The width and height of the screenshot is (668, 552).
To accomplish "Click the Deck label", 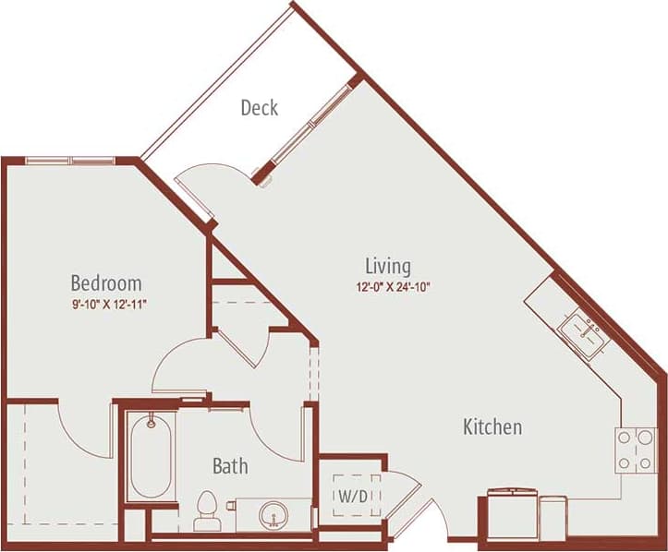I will pyautogui.click(x=260, y=107).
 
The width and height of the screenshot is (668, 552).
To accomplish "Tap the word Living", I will pyautogui.click(x=387, y=266).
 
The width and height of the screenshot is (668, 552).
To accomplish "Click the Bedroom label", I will pyautogui.click(x=106, y=282).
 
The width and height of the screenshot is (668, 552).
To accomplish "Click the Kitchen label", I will pyautogui.click(x=492, y=426).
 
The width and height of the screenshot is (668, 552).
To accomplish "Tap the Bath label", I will pyautogui.click(x=230, y=466).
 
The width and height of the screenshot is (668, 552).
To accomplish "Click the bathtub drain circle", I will pyautogui.click(x=150, y=425).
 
